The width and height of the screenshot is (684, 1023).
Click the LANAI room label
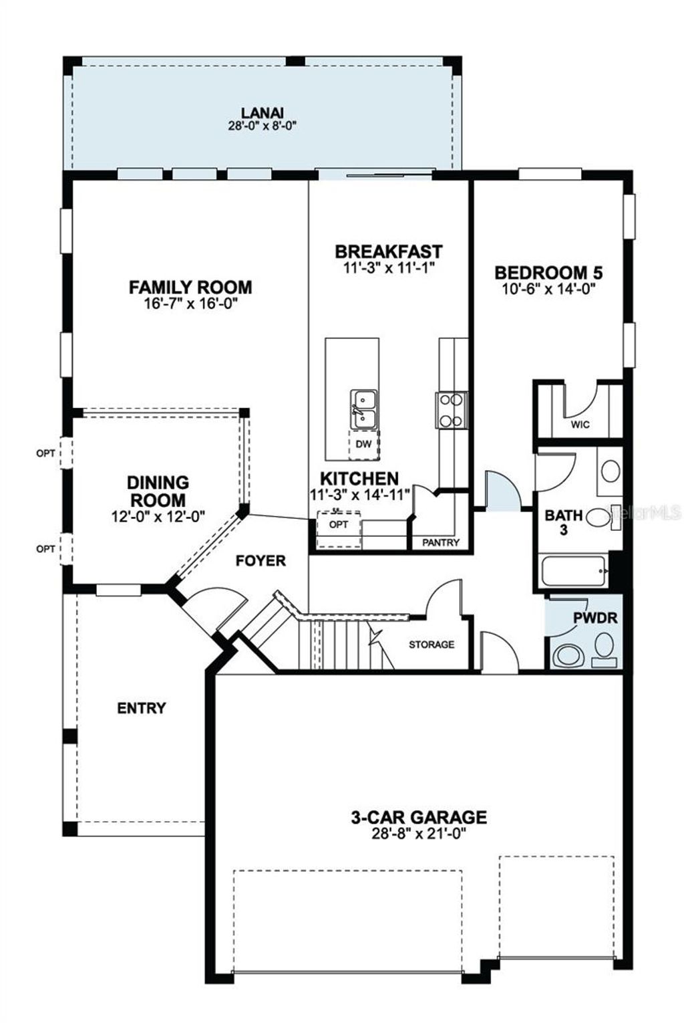click(263, 113)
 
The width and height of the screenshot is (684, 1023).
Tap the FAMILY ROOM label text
click(190, 288)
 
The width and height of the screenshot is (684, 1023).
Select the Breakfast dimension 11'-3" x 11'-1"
click(388, 267)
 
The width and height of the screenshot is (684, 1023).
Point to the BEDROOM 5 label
click(548, 273)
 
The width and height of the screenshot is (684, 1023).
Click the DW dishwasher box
click(363, 444)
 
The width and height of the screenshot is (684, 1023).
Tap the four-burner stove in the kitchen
click(451, 410)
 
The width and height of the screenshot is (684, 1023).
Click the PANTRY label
click(440, 542)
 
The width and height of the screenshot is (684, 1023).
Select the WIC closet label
click(580, 425)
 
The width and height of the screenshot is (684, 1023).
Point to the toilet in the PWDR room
click(605, 646)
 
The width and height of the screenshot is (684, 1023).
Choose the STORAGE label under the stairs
click(432, 645)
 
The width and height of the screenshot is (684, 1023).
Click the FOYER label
click(261, 560)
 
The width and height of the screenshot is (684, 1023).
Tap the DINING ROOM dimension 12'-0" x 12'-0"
click(158, 516)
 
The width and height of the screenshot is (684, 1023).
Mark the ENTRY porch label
click(141, 708)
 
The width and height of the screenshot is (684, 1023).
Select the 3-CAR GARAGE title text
click(419, 817)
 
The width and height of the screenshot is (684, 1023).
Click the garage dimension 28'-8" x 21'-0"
click(419, 834)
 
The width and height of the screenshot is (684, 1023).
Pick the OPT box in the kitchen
click(339, 525)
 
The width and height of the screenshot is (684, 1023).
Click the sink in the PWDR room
click(568, 655)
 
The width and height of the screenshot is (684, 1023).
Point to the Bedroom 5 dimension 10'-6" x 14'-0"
click(548, 289)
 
